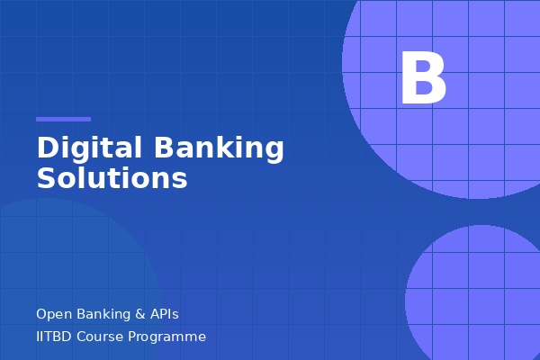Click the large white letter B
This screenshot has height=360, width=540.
click(423, 79)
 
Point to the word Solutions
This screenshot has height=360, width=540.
click(112, 177)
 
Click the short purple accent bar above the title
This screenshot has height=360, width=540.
click(63, 119)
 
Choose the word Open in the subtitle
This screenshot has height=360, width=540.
click(51, 314)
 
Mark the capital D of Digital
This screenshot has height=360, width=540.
click(47, 148)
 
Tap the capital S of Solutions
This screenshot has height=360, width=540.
click(46, 177)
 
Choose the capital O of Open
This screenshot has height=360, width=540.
click(41, 314)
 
